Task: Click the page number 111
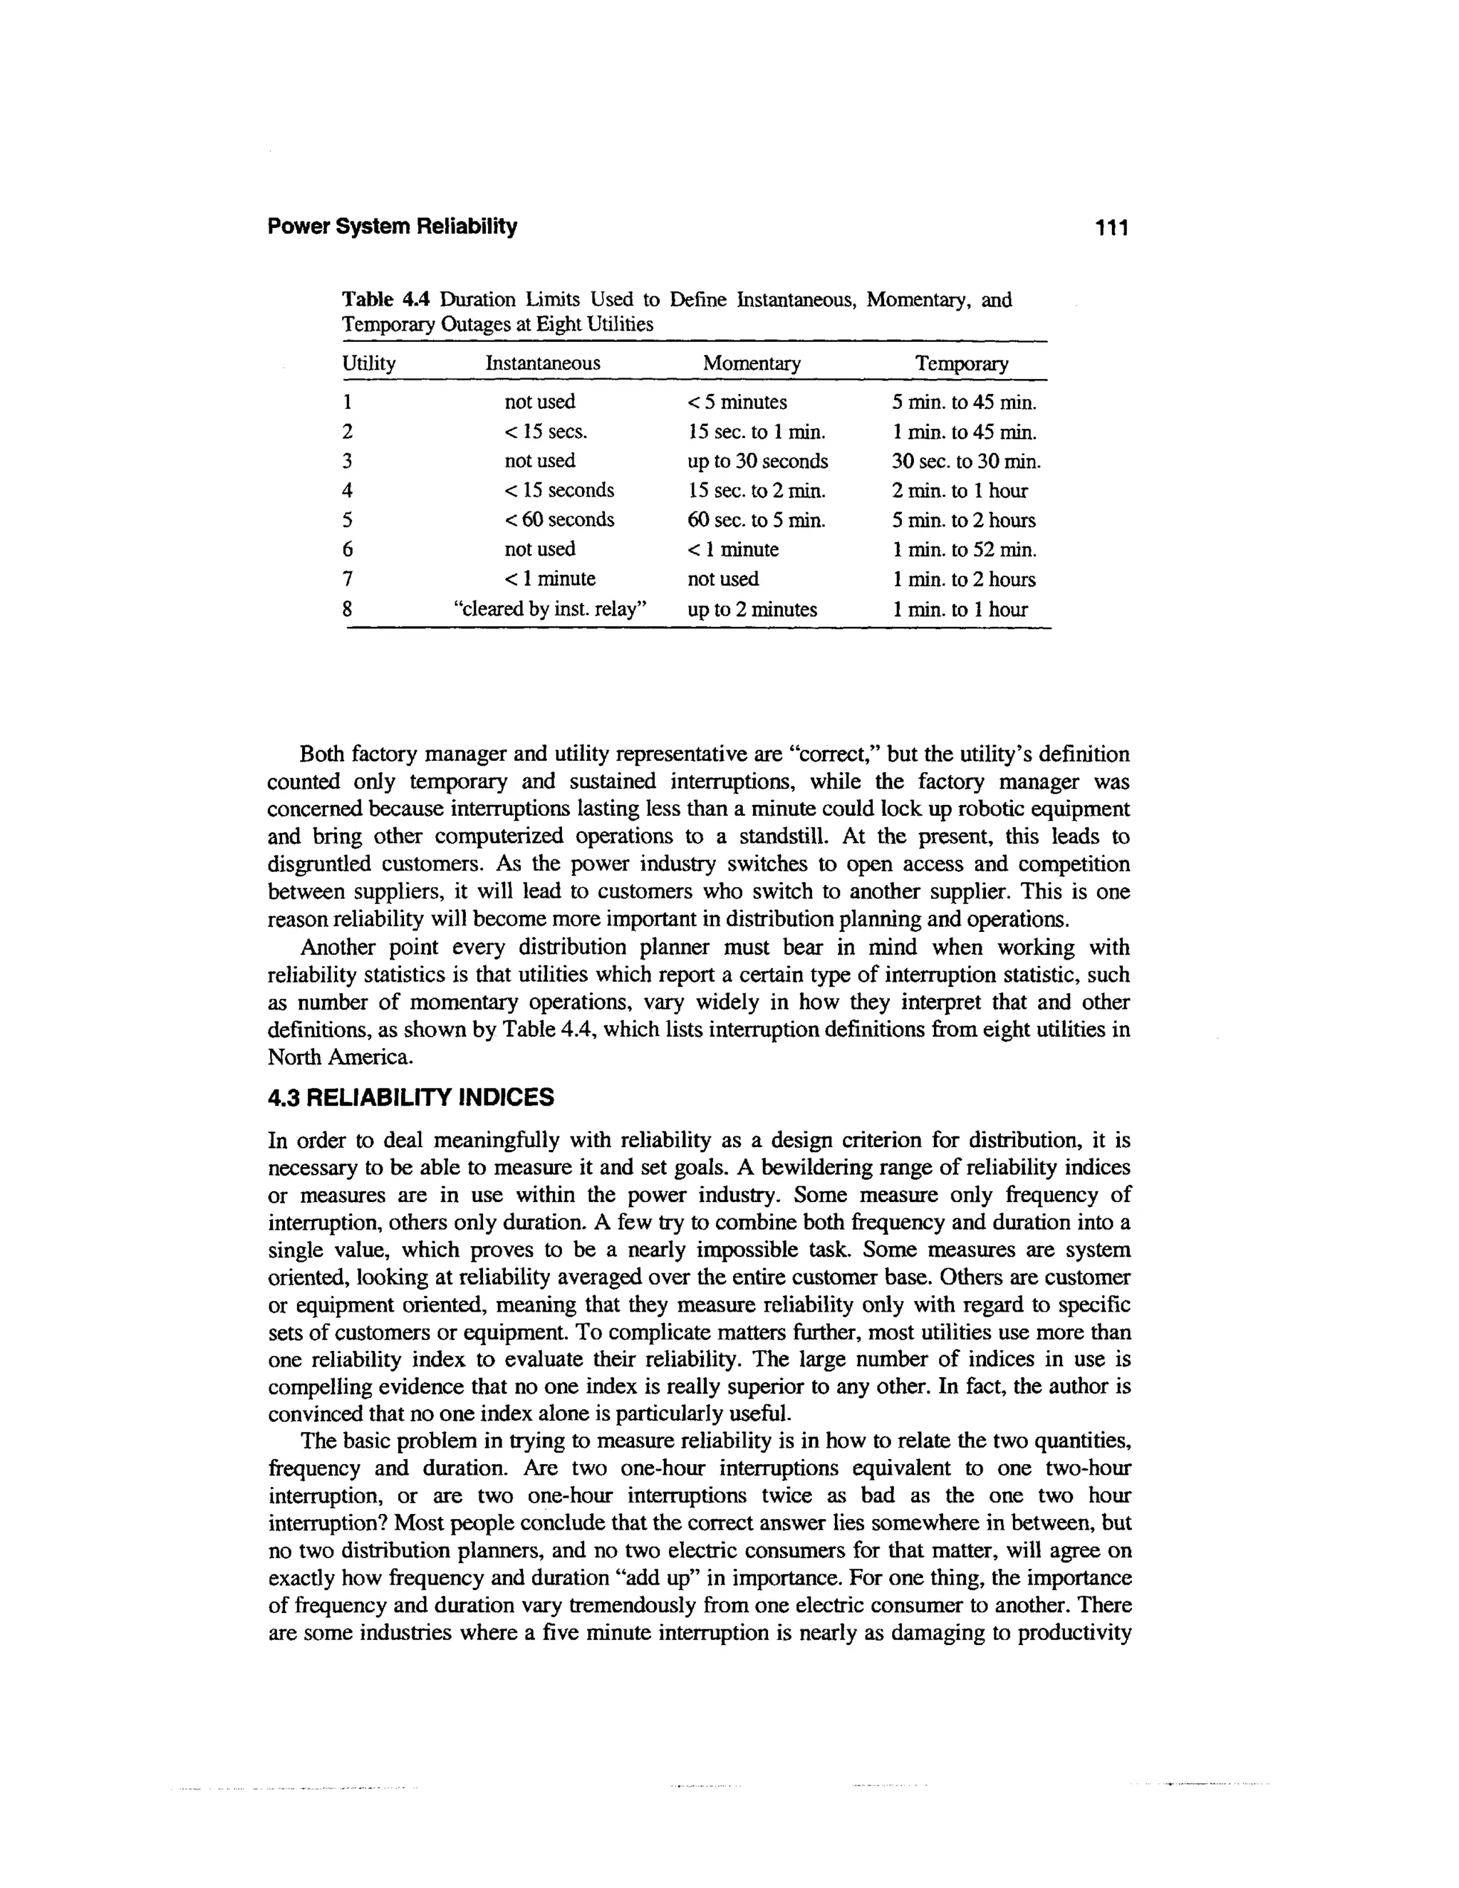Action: coord(1111,228)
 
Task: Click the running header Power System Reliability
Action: coord(393,227)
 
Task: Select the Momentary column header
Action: coord(751,363)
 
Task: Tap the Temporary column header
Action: coord(961,364)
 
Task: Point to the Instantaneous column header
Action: coord(543,363)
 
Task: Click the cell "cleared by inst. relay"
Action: coord(551,609)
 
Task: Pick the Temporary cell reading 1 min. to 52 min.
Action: coord(964,550)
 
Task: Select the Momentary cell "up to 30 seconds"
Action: coord(757,461)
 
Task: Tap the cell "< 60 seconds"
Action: coord(559,519)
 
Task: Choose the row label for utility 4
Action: coord(348,491)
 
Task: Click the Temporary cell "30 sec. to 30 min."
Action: coord(966,461)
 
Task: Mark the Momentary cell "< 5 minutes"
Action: coord(737,402)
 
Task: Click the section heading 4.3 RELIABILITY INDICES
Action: coord(410,1098)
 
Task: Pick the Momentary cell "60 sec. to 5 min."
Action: coord(757,520)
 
